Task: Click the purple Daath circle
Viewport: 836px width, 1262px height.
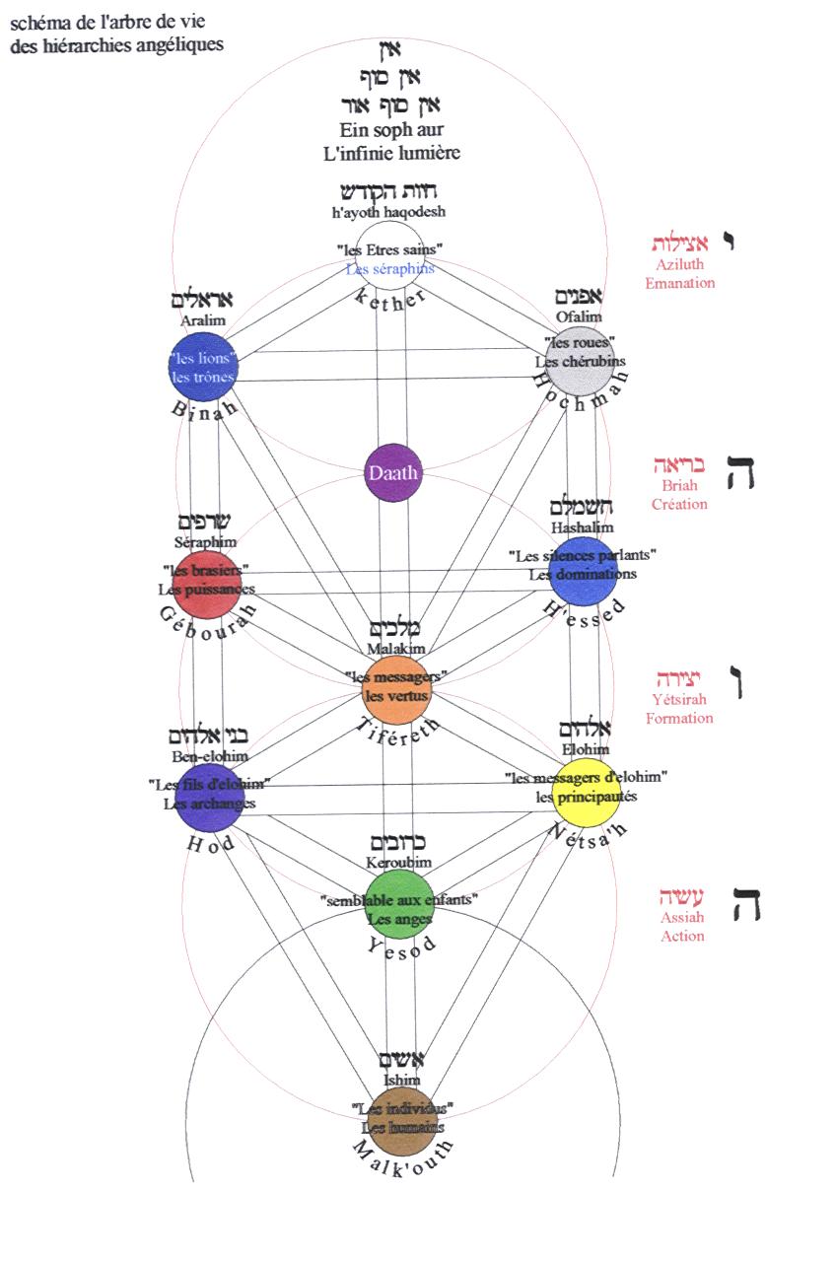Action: click(x=392, y=472)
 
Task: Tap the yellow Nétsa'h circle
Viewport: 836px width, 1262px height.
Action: click(x=586, y=792)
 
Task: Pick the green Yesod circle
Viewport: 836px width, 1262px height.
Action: click(x=399, y=904)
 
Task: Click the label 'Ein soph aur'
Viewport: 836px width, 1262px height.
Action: click(x=390, y=130)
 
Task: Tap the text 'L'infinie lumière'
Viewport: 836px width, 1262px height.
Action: click(x=390, y=153)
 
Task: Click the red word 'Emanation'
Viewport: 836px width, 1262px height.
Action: click(x=679, y=283)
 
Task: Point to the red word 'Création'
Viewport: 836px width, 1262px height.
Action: click(x=679, y=504)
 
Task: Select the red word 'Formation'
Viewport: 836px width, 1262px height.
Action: click(x=679, y=718)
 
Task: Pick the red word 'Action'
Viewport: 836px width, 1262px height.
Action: click(x=682, y=936)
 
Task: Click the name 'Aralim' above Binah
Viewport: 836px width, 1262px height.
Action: click(x=202, y=320)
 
